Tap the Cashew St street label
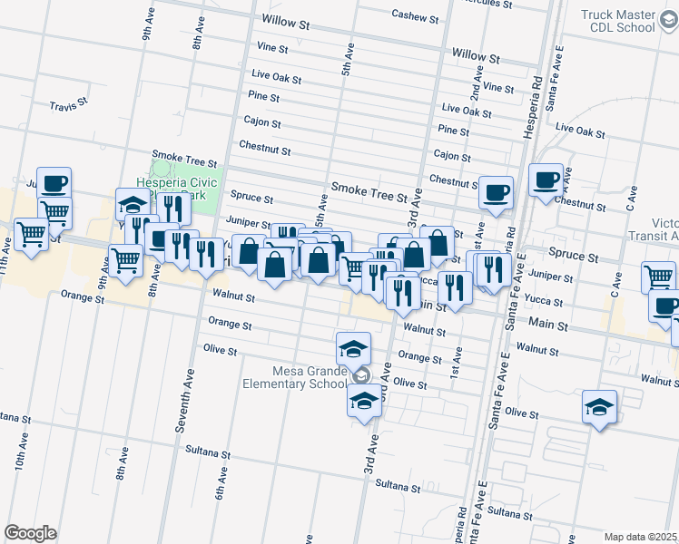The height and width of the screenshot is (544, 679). point(415,16)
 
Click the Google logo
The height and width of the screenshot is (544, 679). point(30,532)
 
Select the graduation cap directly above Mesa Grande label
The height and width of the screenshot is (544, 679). point(353,346)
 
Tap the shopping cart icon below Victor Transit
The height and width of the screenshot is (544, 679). point(658,277)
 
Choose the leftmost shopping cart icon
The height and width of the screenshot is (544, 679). point(32,235)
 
